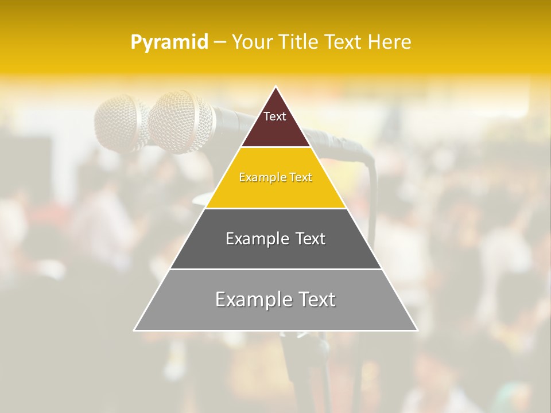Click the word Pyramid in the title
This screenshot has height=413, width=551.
[169, 42]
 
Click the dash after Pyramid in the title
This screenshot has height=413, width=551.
[220, 42]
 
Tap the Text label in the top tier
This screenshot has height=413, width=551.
[275, 116]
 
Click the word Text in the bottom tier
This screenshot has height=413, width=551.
[317, 299]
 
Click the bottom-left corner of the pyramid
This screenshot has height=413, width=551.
[135, 330]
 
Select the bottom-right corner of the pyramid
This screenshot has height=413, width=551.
[417, 330]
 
